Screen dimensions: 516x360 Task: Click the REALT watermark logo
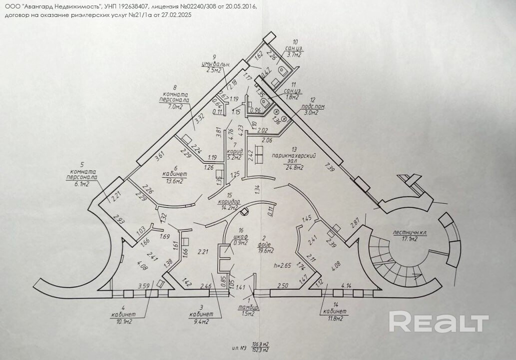pos(439,323)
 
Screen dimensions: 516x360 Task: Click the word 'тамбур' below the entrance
pos(248,307)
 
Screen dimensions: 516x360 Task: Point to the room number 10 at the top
pos(295,41)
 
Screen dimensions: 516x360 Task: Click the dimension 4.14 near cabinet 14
pos(347,285)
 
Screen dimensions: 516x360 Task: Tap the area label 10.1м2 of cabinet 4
pos(121,322)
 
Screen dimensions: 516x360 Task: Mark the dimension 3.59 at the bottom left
pos(144,286)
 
